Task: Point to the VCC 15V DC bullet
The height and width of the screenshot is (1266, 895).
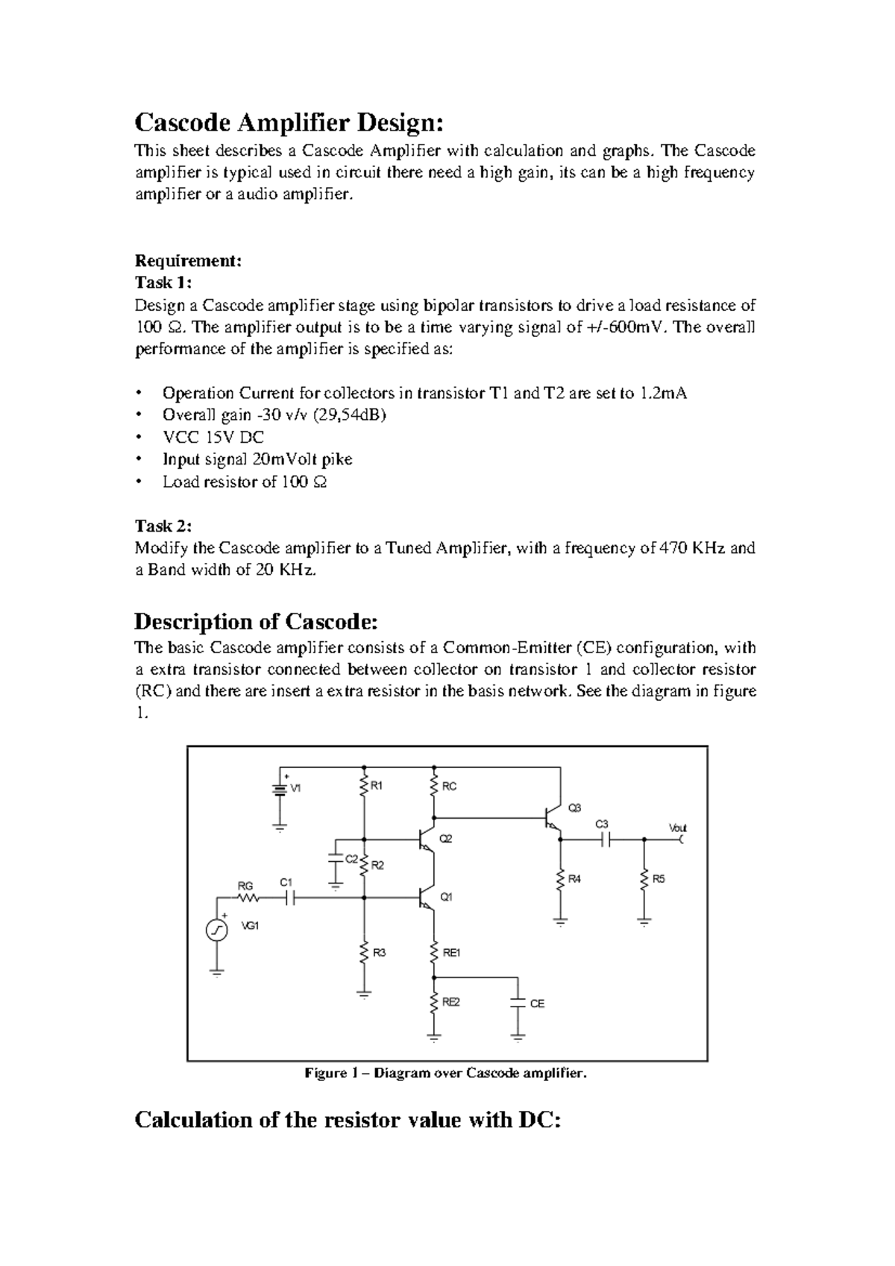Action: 213,437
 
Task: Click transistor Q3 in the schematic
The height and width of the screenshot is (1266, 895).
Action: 553,817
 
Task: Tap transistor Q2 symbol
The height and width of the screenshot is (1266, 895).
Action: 427,839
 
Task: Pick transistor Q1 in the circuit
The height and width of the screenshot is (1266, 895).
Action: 427,898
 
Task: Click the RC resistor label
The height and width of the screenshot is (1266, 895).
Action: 449,787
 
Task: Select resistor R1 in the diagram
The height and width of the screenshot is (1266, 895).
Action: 364,786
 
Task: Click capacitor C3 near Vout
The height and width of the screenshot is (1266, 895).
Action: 606,839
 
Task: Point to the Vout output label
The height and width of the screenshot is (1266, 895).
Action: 677,828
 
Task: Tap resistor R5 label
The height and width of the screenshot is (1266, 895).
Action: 658,879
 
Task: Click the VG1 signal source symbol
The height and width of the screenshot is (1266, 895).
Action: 216,930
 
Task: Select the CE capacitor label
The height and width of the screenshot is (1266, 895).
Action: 537,1004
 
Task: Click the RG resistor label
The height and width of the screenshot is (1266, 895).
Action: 245,886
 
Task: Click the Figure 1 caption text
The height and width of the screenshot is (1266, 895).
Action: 446,1074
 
